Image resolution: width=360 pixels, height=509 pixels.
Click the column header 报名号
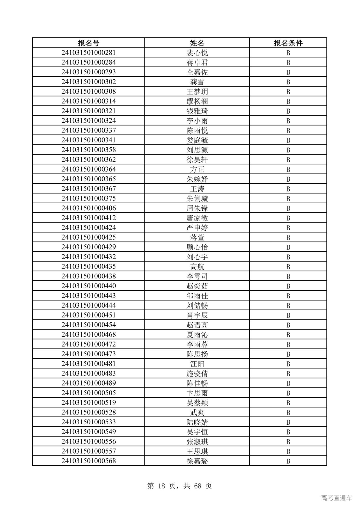click(89, 43)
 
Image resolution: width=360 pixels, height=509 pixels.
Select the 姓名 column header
click(197, 43)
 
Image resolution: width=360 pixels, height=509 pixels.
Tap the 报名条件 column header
click(288, 43)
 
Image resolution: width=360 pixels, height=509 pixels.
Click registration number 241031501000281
click(89, 53)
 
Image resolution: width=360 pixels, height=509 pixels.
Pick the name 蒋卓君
click(197, 62)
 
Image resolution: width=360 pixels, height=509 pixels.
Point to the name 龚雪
click(197, 82)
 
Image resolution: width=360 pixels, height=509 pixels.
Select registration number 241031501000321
click(89, 111)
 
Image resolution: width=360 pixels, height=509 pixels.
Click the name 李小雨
click(197, 121)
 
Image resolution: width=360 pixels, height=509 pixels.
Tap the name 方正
click(197, 169)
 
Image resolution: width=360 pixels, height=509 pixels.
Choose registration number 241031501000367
click(89, 189)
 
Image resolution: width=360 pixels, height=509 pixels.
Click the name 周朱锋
click(197, 208)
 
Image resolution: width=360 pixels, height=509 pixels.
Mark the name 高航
click(197, 267)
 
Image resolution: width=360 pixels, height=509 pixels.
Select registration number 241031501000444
click(89, 305)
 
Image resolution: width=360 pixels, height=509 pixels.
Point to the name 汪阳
click(197, 364)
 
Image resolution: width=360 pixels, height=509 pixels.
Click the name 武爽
click(197, 413)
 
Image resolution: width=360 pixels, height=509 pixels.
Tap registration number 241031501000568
click(89, 461)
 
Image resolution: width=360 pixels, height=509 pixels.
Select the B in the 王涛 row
click(288, 189)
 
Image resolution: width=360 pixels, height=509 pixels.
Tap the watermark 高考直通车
click(336, 498)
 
